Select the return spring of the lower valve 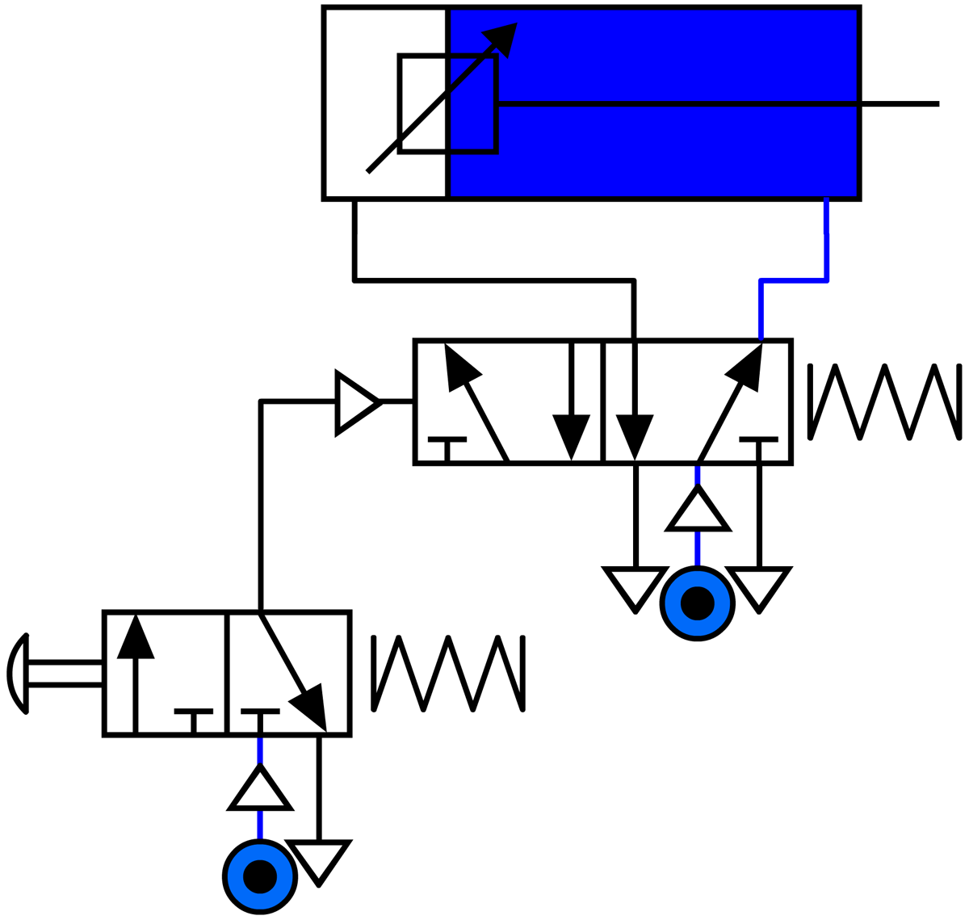pyautogui.click(x=448, y=674)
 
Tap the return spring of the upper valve pyautogui.click(x=885, y=402)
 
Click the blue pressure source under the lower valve pyautogui.click(x=260, y=876)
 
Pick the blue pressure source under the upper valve pyautogui.click(x=698, y=603)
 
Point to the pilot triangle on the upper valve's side pyautogui.click(x=354, y=402)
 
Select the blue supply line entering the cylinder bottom pyautogui.click(x=826, y=234)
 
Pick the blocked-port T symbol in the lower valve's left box pyautogui.click(x=194, y=716)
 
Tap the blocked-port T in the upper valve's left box pyautogui.click(x=447, y=445)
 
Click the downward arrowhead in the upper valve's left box pyautogui.click(x=571, y=436)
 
